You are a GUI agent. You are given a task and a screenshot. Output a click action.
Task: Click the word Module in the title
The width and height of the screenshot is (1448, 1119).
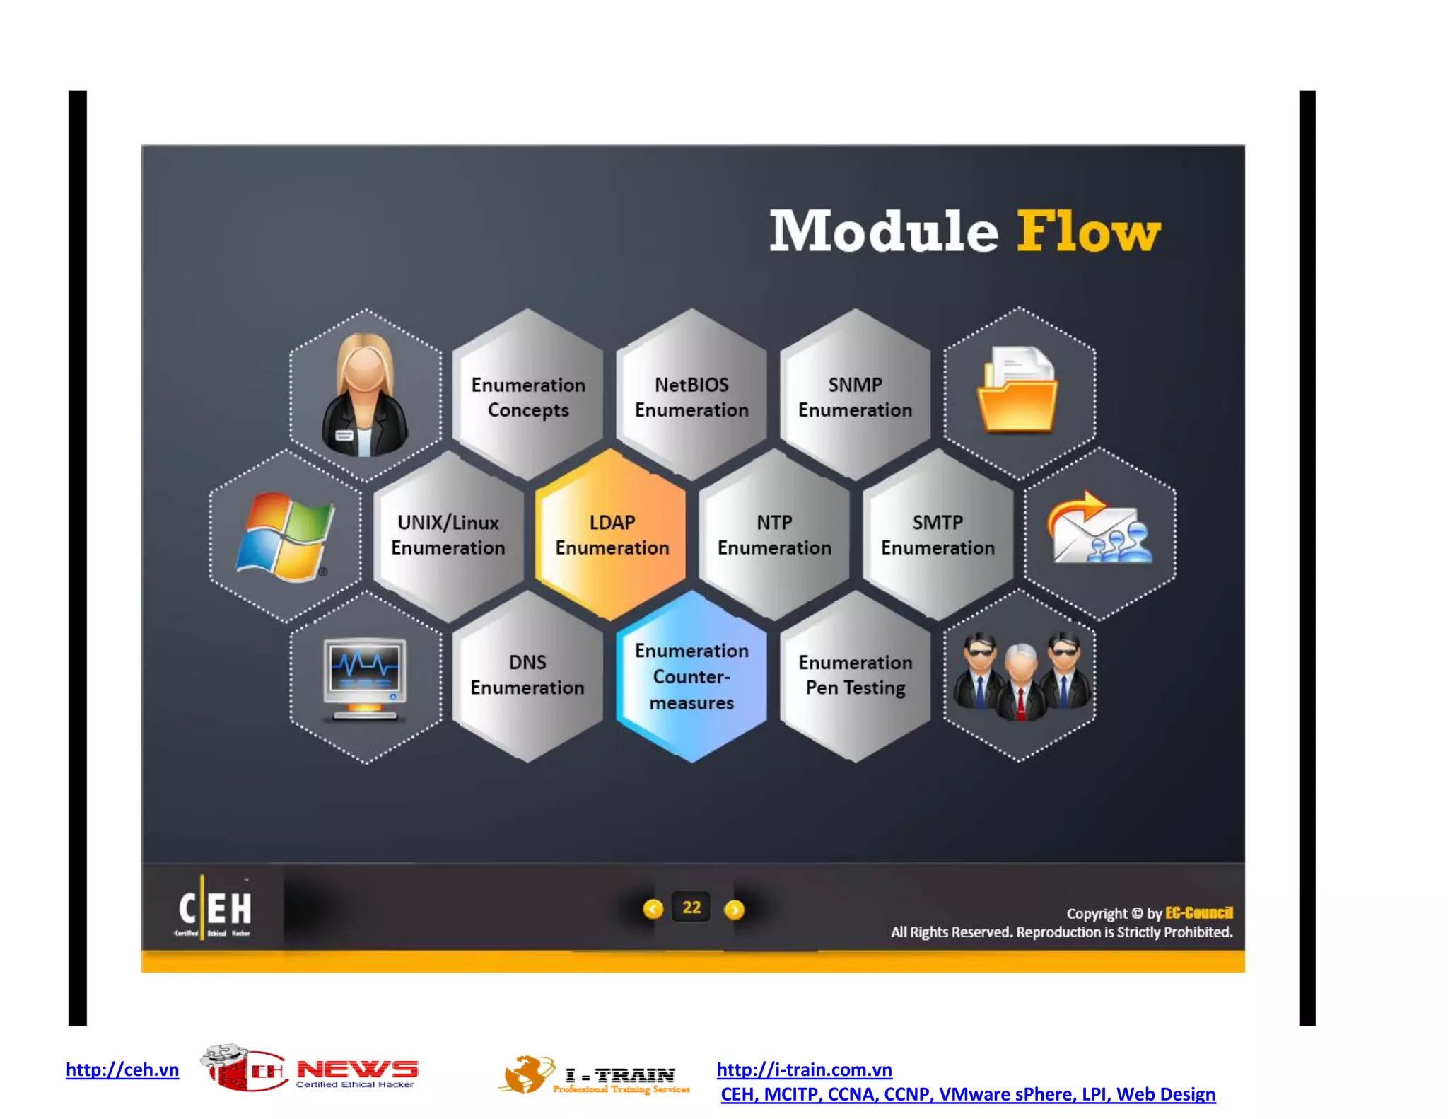[x=883, y=231]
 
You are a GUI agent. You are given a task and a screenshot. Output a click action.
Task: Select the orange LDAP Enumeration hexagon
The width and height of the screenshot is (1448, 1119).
[x=612, y=535]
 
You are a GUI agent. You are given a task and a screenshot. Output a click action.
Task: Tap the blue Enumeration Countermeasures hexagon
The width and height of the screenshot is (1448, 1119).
[x=691, y=676]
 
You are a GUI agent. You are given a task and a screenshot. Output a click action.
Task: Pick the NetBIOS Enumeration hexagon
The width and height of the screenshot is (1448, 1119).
[x=691, y=397]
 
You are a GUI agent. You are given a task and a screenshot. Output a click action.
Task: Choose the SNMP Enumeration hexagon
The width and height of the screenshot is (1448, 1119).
[x=855, y=397]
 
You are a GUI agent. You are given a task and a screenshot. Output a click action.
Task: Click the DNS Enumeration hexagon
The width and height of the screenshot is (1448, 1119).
[x=527, y=675]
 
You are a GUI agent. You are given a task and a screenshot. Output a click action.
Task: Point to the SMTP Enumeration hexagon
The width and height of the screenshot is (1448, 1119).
[x=938, y=535]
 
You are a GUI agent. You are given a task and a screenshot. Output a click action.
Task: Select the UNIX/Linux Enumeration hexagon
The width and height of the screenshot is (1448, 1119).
[x=448, y=535]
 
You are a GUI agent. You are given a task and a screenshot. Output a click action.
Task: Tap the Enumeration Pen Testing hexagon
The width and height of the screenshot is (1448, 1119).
[x=856, y=675]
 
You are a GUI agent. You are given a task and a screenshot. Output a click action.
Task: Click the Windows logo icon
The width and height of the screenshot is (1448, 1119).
[x=285, y=536]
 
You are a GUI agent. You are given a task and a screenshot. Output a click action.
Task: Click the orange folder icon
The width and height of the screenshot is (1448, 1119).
[x=1017, y=390]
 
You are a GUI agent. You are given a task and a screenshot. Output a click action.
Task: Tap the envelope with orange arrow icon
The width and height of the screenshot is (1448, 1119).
[x=1099, y=529]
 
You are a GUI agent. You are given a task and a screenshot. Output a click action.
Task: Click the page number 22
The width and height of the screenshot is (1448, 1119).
[x=691, y=908]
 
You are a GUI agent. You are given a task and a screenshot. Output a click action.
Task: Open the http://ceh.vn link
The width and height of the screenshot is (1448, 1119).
[x=122, y=1069]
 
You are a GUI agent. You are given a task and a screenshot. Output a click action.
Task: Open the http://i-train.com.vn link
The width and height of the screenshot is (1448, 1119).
[x=804, y=1069]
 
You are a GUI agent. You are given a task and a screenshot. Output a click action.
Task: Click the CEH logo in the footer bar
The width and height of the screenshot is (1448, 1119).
[x=214, y=909]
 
